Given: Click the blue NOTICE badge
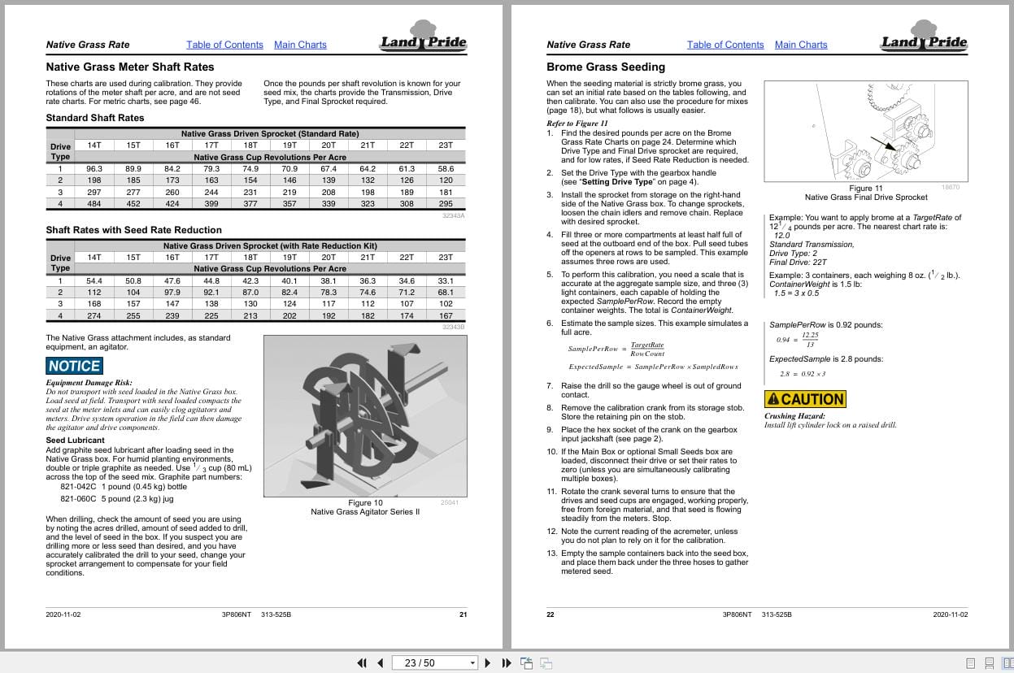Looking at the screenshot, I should coord(74,366).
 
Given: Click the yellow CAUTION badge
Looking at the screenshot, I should coord(805,399).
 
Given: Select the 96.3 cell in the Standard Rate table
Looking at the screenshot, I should coord(94,169).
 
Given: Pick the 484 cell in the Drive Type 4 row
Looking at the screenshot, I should coord(94,203).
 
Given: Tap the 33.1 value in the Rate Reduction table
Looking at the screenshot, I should coord(446,281).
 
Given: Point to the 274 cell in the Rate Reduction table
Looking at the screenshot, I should coord(94,315).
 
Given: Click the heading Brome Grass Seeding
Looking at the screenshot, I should coord(605,67).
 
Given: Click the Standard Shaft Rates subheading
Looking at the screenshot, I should coord(94,118).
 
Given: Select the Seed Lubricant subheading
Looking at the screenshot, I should coord(75,441).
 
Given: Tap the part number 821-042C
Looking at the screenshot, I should coord(78,487).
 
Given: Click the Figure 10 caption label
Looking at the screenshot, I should coord(365,502).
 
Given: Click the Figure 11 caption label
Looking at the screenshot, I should coord(865,188).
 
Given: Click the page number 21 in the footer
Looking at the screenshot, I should coord(463,614).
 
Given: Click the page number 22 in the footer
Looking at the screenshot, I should coord(551,614).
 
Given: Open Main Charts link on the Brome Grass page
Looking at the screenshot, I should coord(800,45).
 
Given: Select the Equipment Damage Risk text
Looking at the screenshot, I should coord(89,383).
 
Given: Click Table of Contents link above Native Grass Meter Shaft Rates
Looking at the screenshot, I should coord(224,45).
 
